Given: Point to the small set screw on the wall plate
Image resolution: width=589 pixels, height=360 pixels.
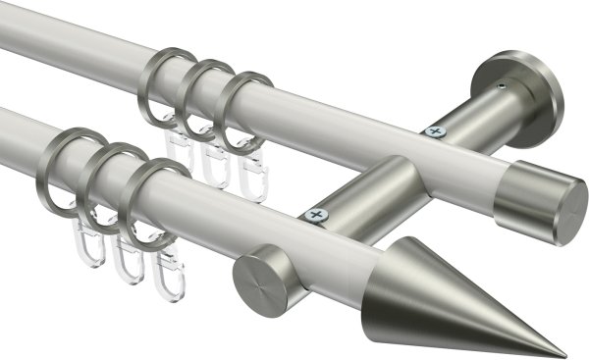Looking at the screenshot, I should click(502, 86).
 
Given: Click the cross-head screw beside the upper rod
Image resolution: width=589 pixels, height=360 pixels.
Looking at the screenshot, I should click(434, 130).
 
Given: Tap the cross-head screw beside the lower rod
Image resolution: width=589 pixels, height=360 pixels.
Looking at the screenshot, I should click(315, 213).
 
